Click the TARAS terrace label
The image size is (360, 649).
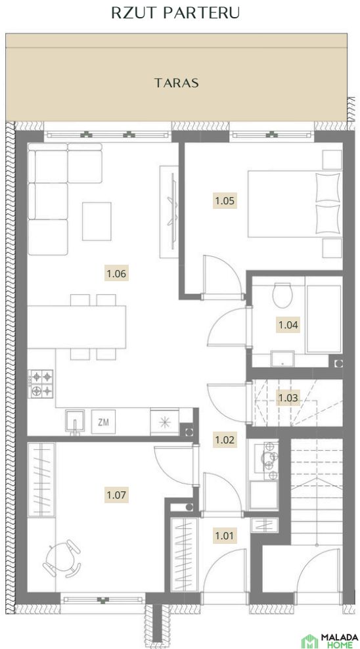[177, 83]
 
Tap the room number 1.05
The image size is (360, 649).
[225, 201]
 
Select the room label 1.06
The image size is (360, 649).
[116, 273]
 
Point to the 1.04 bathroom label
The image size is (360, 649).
[288, 325]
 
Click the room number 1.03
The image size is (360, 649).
[288, 398]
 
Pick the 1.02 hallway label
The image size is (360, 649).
[225, 439]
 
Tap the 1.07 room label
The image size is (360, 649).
[116, 495]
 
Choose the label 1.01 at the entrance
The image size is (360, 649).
[225, 536]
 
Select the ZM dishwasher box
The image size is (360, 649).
[103, 422]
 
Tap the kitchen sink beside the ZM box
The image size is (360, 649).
[75, 422]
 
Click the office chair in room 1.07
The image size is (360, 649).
[62, 558]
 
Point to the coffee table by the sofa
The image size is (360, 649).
[97, 221]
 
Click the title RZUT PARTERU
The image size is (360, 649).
[175, 13]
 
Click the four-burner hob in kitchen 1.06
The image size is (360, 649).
[41, 384]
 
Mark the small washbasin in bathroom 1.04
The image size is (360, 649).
[282, 359]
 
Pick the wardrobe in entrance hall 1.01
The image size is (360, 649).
[185, 554]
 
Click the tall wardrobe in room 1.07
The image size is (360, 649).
[41, 480]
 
